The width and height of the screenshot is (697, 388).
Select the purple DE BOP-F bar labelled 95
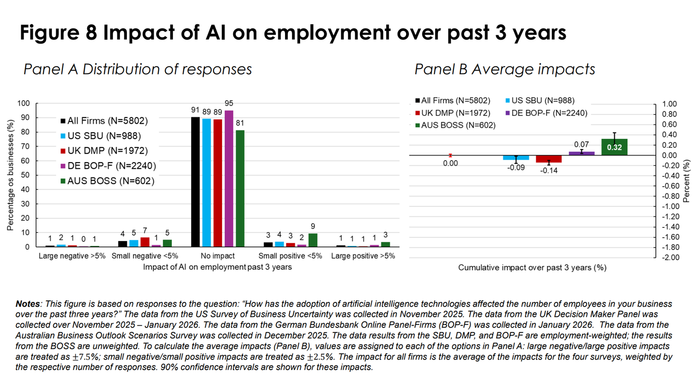pyautogui.click(x=229, y=179)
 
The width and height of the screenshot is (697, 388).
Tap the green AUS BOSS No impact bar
pyautogui.click(x=240, y=188)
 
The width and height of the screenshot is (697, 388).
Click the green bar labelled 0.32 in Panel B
pyautogui.click(x=614, y=147)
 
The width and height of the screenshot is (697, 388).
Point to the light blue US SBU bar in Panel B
pyautogui.click(x=516, y=157)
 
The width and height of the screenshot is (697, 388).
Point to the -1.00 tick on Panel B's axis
pyautogui.click(x=668, y=206)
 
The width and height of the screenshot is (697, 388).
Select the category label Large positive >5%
pyautogui.click(x=363, y=256)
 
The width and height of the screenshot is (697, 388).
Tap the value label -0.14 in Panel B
pyautogui.click(x=548, y=170)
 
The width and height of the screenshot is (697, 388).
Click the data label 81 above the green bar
pyautogui.click(x=240, y=123)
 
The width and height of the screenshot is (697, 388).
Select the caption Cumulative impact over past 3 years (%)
pyautogui.click(x=532, y=267)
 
